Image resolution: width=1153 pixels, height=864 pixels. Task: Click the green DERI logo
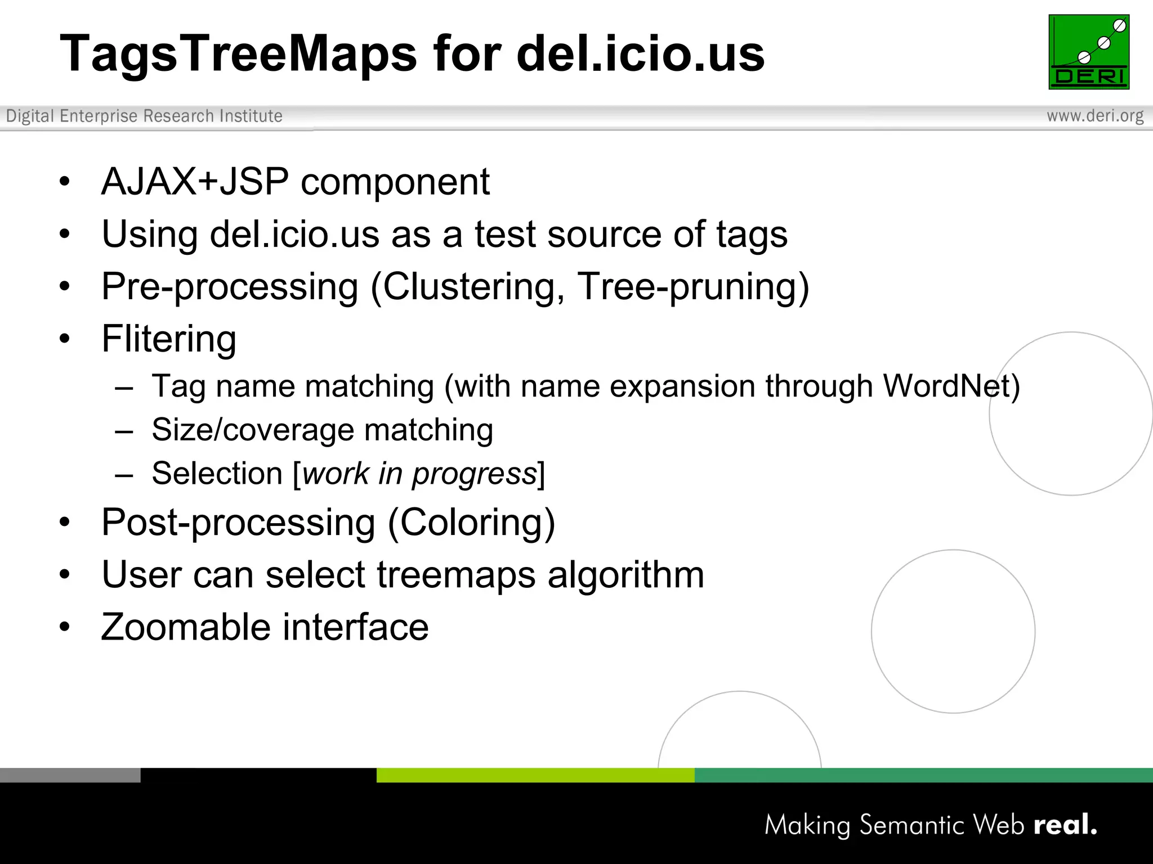tap(1089, 52)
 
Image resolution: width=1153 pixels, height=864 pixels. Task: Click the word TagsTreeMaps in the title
tap(238, 54)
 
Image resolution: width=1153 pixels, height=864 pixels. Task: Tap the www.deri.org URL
tap(1095, 116)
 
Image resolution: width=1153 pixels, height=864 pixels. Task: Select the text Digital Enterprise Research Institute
tap(144, 116)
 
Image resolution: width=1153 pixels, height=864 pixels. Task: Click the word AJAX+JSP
tap(195, 182)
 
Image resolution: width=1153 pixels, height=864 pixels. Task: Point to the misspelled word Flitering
tap(169, 339)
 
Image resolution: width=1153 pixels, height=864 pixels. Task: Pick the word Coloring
tap(472, 523)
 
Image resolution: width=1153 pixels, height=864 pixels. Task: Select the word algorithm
tap(625, 575)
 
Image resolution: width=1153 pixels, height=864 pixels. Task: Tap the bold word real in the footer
tap(1064, 825)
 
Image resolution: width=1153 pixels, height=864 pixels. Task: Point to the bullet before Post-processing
tap(65, 523)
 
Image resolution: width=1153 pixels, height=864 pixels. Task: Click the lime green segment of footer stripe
tap(535, 775)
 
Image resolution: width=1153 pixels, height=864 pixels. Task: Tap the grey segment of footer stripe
tap(70, 775)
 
